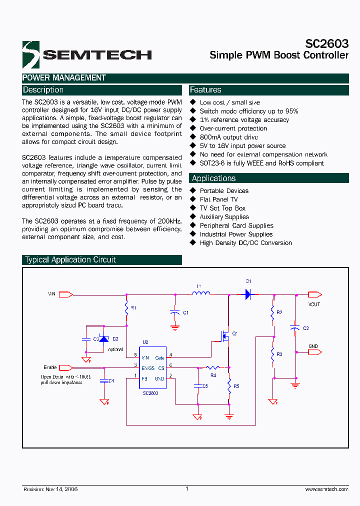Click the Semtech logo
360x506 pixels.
86,54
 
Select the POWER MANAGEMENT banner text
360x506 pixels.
64,78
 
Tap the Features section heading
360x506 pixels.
205,90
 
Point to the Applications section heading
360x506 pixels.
213,178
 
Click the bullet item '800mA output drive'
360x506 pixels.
228,137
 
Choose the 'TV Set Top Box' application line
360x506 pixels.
222,208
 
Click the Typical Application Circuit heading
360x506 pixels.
70,260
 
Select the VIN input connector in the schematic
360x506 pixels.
65,294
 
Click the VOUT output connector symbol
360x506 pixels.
314,294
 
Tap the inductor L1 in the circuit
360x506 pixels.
201,293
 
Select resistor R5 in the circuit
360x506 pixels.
229,385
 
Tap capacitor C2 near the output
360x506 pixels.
295,328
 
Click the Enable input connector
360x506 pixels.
65,367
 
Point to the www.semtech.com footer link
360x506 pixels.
326,489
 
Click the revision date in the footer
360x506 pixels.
50,489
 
